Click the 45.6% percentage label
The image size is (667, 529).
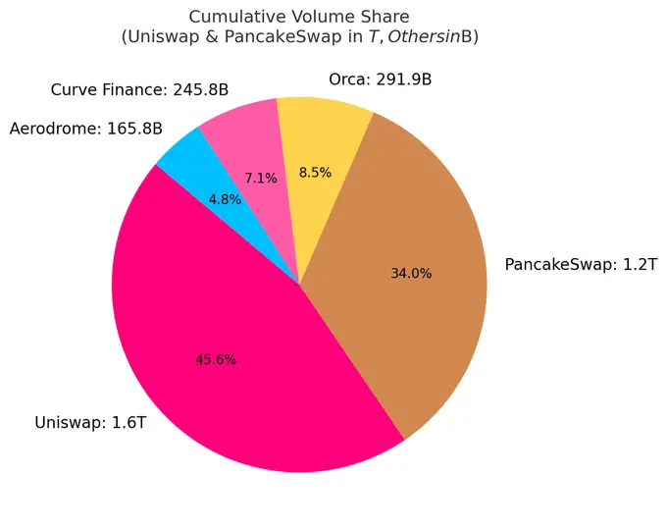tap(216, 359)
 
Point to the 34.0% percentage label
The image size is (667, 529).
tap(411, 274)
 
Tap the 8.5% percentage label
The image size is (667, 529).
tap(315, 173)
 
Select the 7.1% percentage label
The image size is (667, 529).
tap(261, 179)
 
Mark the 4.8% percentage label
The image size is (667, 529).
tap(225, 199)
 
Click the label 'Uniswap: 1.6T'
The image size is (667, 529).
tap(90, 423)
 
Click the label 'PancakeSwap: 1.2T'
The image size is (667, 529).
tap(581, 265)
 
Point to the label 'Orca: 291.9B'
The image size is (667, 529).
tap(380, 79)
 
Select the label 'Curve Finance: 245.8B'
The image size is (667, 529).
tap(139, 90)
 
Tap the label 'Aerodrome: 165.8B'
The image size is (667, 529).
tap(85, 129)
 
